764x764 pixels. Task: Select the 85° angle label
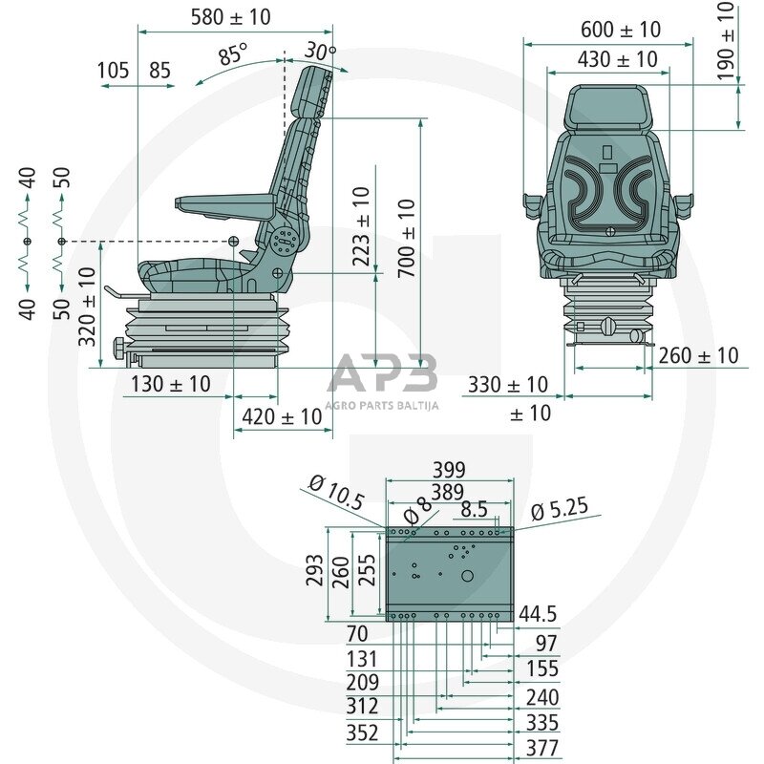point(232,55)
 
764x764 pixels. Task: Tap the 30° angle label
point(320,51)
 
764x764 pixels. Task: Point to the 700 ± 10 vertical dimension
point(407,238)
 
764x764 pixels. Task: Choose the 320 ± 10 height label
point(87,306)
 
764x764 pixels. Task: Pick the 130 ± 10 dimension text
point(167,384)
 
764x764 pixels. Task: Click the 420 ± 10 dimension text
point(282,416)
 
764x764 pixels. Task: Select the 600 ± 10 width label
point(620,30)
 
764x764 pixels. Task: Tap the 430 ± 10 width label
point(617,59)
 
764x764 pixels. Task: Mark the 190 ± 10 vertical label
point(727,41)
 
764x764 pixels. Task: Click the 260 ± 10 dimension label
point(698,355)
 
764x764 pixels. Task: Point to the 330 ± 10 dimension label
point(507,385)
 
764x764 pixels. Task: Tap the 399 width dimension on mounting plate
point(448,470)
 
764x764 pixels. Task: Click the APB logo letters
point(382,374)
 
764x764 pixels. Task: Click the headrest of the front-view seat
point(609,108)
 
